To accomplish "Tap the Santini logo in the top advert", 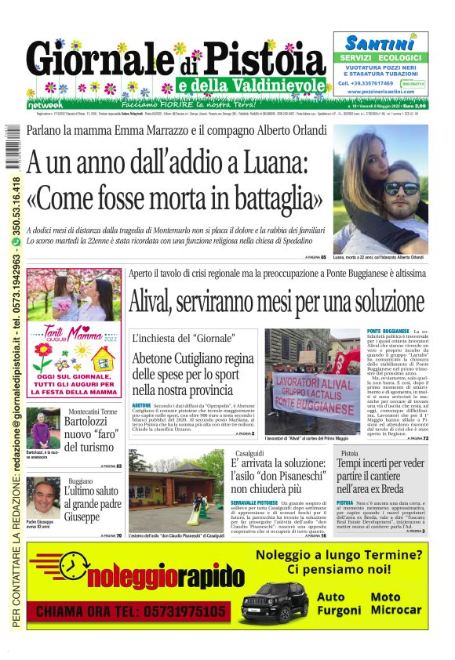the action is click(380, 43).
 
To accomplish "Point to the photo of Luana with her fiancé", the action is click(380, 188).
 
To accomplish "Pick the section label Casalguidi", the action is click(247, 454).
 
